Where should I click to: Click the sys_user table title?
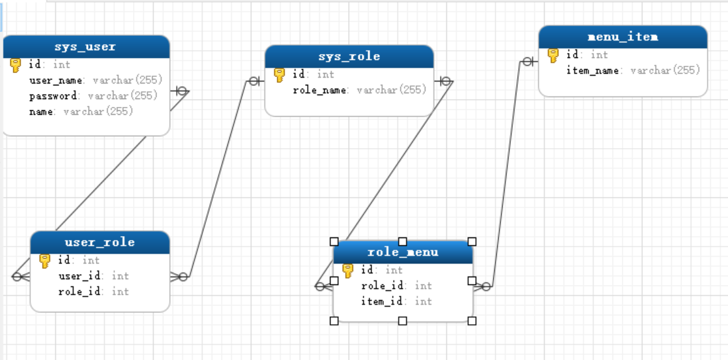click(x=85, y=47)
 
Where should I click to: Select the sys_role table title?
click(x=349, y=57)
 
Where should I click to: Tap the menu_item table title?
click(x=622, y=37)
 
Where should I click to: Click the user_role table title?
click(x=100, y=243)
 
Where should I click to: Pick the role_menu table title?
click(x=403, y=252)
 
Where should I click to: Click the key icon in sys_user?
click(x=16, y=65)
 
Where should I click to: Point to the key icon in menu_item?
click(x=553, y=55)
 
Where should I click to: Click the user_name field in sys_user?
click(x=57, y=80)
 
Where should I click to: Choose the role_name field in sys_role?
click(x=320, y=90)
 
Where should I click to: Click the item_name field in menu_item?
click(x=592, y=70)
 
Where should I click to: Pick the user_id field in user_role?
click(x=80, y=276)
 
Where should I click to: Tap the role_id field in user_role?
click(x=80, y=292)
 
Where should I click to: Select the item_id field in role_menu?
click(x=382, y=301)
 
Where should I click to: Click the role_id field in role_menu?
click(x=382, y=286)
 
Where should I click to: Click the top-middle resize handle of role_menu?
click(x=403, y=241)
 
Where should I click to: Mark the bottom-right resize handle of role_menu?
click(x=472, y=320)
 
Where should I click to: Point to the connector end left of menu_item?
click(x=528, y=62)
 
